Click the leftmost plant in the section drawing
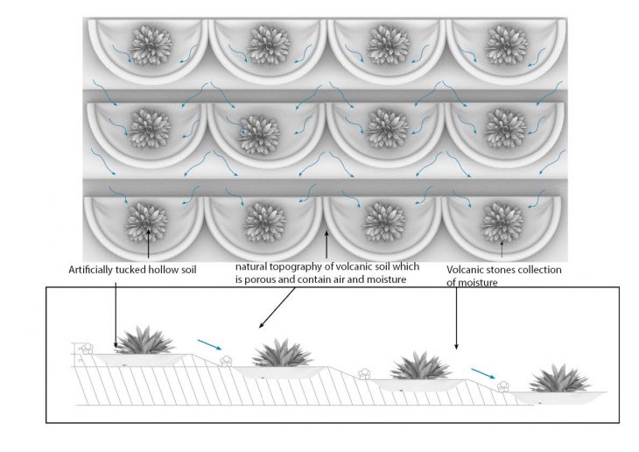[144, 340]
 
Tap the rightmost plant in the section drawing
[559, 378]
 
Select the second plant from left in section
[282, 352]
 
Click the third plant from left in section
[420, 365]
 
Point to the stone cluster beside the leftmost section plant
[87, 349]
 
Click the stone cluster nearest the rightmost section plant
[503, 386]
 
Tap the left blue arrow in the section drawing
[209, 345]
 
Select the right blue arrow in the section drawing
[483, 373]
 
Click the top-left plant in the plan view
[151, 45]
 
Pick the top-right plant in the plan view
[506, 45]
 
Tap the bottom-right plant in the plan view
[502, 222]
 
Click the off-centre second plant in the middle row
[259, 136]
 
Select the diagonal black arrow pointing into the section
[277, 307]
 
